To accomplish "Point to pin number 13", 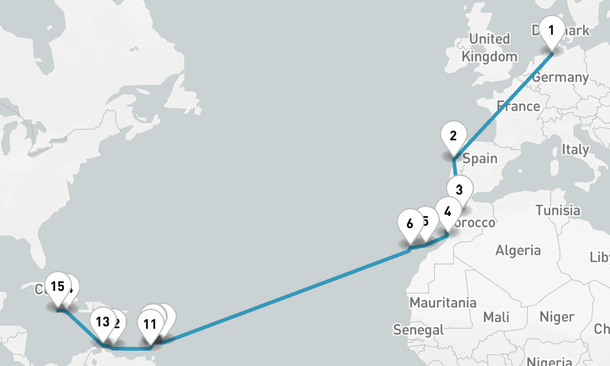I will tap(102, 322).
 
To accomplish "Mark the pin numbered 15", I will tap(58, 287).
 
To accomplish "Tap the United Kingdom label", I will tap(489, 48).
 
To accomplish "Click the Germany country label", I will tap(560, 77).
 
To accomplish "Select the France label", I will tap(518, 106).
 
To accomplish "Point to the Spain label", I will tap(480, 159).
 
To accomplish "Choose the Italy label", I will tap(575, 149).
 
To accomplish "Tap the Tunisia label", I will tap(558, 210).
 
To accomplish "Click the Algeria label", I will tap(518, 249).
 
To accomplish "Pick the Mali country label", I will tap(496, 317).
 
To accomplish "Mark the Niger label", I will tap(556, 317).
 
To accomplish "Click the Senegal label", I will tap(418, 330).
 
